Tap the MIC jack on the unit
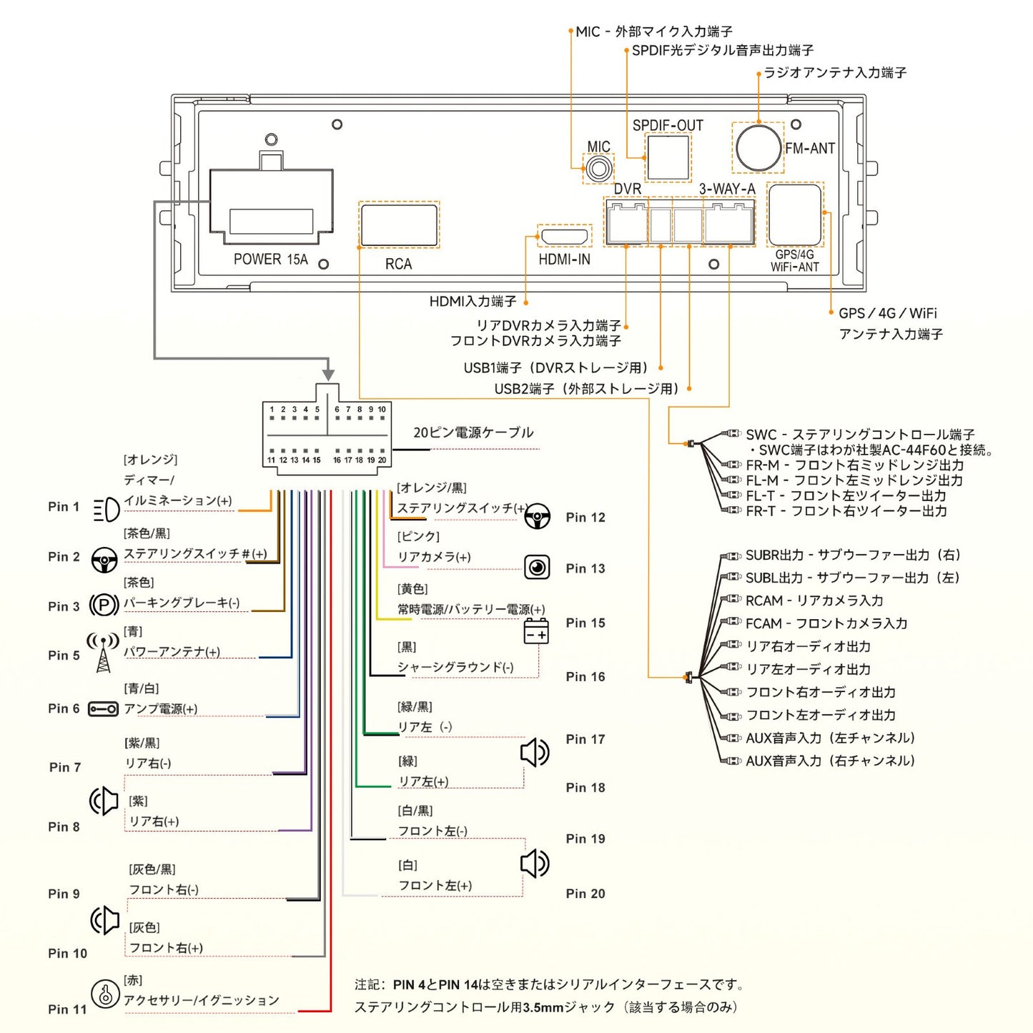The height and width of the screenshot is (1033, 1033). click(598, 169)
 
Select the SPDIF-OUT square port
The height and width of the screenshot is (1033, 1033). click(668, 157)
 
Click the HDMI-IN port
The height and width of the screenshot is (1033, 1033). click(564, 236)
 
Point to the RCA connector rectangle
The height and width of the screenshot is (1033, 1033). click(399, 225)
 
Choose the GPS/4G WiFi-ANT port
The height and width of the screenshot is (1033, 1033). click(794, 214)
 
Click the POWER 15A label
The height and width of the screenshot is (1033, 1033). click(270, 260)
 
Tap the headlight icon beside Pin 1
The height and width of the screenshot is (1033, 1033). click(107, 510)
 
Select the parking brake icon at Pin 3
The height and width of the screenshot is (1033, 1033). click(104, 606)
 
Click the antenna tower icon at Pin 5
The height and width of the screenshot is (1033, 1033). click(104, 652)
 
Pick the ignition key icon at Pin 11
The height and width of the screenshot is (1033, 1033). click(105, 994)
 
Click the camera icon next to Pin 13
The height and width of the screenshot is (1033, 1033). click(537, 568)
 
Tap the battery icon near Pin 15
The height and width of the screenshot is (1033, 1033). click(536, 632)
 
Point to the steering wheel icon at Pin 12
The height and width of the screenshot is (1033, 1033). click(537, 516)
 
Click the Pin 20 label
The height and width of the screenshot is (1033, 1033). click(585, 894)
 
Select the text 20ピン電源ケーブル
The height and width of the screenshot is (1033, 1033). click(473, 433)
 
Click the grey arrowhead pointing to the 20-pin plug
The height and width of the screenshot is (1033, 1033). click(328, 375)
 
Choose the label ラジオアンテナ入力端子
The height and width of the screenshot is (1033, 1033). click(835, 73)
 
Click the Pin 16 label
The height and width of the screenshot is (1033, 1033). click(585, 676)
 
